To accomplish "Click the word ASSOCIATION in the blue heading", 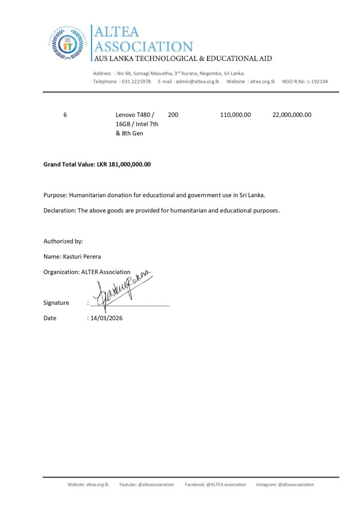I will point(143,47).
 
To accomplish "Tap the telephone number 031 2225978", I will point(136,82).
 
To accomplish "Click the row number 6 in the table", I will point(65,115).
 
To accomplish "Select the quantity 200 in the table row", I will point(174,115).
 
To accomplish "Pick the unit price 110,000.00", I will point(235,115).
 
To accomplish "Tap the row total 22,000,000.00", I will point(292,115).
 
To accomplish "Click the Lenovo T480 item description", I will point(136,124).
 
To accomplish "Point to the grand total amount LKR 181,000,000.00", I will point(123,164).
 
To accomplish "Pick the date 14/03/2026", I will point(106,318).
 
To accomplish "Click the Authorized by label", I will point(63,241).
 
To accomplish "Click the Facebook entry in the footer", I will point(215,485).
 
